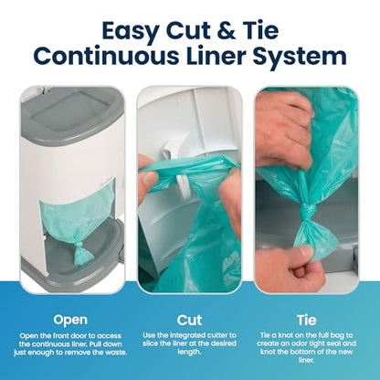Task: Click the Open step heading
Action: (x=70, y=321)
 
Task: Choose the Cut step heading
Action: (x=189, y=321)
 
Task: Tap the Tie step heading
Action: (x=307, y=321)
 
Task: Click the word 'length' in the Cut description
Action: (x=189, y=353)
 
